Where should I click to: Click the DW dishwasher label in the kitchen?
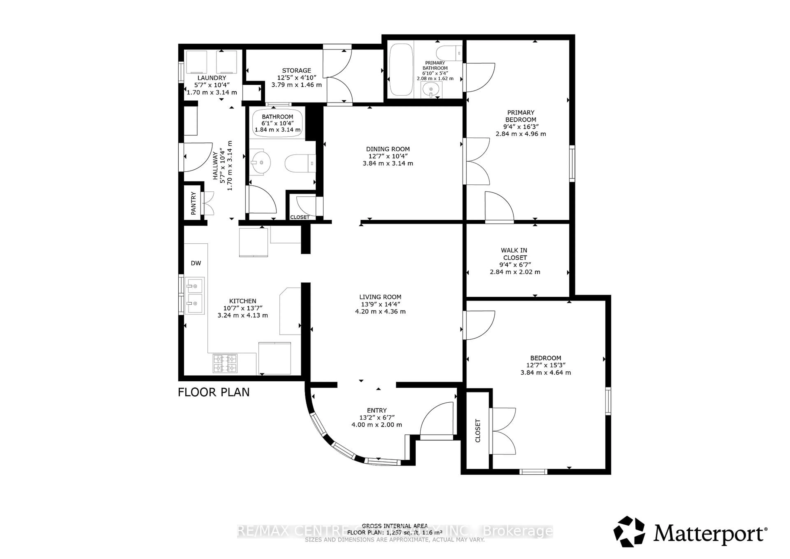click(x=196, y=263)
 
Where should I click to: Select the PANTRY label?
click(x=193, y=203)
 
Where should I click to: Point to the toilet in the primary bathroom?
click(x=448, y=54)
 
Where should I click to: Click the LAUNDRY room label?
click(x=212, y=78)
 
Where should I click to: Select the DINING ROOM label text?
click(x=388, y=149)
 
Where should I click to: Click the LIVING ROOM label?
click(x=380, y=297)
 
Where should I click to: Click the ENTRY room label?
click(x=376, y=410)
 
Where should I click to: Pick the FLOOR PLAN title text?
click(x=213, y=392)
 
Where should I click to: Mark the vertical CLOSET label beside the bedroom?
click(x=477, y=431)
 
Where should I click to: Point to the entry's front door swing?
click(x=436, y=420)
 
